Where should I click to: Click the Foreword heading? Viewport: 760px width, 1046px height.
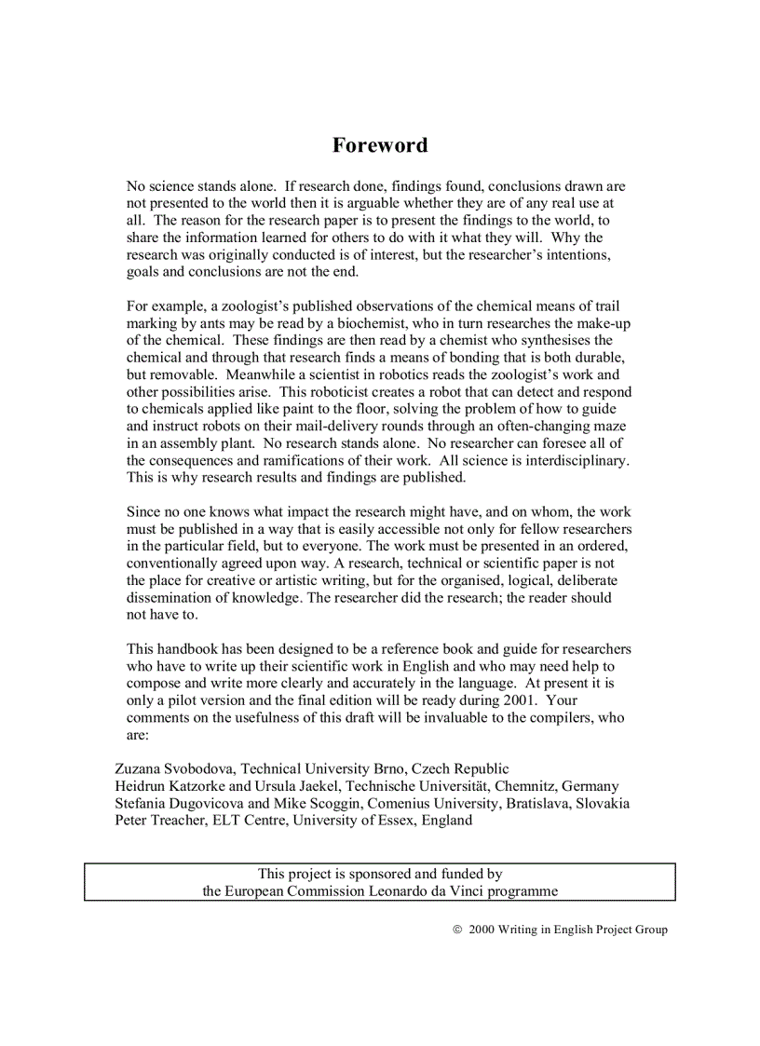tap(380, 145)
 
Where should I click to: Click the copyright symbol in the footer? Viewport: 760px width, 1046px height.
tap(457, 930)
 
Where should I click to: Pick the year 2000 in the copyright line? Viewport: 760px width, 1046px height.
tap(481, 930)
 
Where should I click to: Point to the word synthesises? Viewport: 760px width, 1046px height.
tap(556, 341)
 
